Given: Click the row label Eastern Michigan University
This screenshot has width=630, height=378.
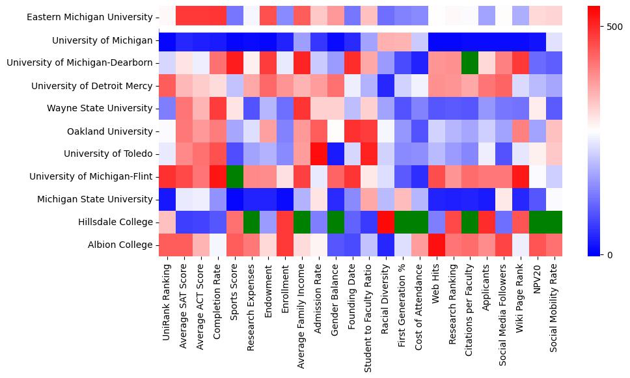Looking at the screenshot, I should (90, 18).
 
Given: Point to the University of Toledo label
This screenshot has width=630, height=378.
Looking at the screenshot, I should (109, 154).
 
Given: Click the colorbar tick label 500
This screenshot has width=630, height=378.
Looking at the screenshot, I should (614, 27).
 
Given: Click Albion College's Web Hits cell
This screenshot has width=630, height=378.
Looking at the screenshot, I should (436, 245).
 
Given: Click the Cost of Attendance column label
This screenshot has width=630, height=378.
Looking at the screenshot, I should (419, 303).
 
